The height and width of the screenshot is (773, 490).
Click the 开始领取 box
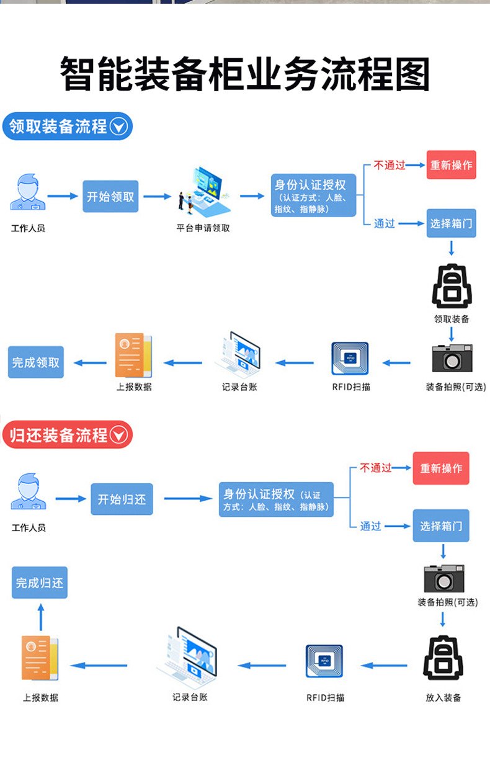click(x=110, y=197)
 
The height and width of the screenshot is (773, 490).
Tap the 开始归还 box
click(x=122, y=499)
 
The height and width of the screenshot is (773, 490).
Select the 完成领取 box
click(x=36, y=362)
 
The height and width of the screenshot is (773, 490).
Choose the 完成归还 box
click(x=40, y=583)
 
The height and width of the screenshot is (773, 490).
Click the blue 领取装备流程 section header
click(x=68, y=127)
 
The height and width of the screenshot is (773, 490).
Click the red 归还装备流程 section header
click(x=68, y=435)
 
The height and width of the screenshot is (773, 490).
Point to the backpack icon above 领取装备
click(x=452, y=286)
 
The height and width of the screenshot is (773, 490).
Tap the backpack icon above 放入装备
click(x=443, y=658)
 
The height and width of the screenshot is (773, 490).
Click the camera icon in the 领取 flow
click(x=452, y=358)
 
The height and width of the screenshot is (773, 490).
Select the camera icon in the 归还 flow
click(x=443, y=578)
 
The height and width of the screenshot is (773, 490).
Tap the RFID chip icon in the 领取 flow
click(x=350, y=359)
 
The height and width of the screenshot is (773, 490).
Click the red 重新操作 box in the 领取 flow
click(x=451, y=165)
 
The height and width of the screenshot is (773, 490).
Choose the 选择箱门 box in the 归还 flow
click(x=441, y=526)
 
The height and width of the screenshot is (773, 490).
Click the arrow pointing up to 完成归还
click(x=41, y=617)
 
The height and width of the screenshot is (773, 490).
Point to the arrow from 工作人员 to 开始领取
click(x=63, y=196)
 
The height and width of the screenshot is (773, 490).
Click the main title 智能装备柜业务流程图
click(x=245, y=74)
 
